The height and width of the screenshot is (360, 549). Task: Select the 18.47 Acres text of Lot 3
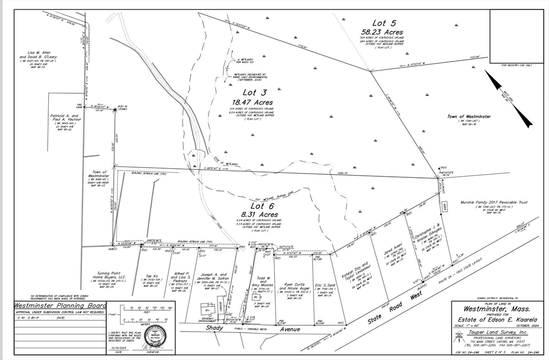[252, 102]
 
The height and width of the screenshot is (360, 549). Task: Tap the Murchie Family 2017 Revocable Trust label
[494, 202]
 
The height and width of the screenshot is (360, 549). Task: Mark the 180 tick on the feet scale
[169, 309]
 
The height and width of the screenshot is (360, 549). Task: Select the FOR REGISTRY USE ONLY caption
[516, 65]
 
